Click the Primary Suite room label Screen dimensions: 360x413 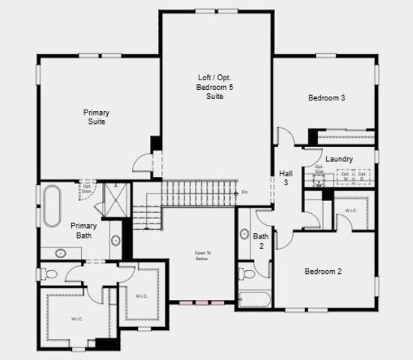(x=96, y=117)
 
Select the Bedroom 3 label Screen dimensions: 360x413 (x=326, y=98)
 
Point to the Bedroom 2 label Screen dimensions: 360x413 (x=323, y=271)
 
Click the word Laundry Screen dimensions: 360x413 (x=340, y=159)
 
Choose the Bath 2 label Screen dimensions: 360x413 (x=262, y=241)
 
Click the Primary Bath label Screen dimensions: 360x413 (x=84, y=230)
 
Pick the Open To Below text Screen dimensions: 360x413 (x=202, y=255)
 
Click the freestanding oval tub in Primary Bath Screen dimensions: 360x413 (x=52, y=206)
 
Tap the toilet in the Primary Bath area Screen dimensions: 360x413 (x=48, y=274)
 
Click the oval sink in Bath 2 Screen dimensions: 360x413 (x=244, y=234)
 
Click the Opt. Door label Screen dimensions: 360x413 (x=88, y=189)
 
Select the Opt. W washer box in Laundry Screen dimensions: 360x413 (x=346, y=177)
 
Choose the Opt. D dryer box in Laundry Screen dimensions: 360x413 (x=362, y=177)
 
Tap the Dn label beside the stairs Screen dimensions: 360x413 (x=245, y=193)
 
